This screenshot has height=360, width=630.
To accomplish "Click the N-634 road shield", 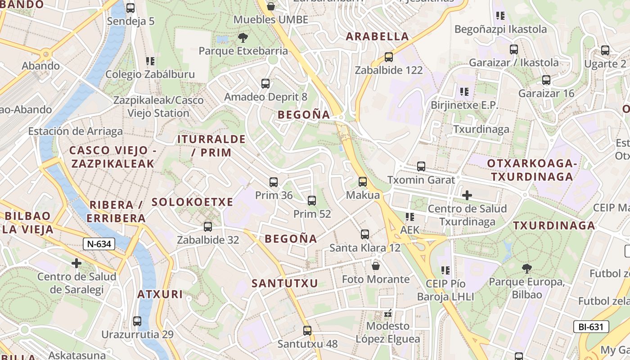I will click(x=99, y=244).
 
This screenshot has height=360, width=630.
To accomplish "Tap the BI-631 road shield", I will click(x=591, y=327).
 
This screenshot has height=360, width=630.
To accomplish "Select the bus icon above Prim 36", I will click(x=274, y=182).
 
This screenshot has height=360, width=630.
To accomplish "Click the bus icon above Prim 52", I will click(x=312, y=201).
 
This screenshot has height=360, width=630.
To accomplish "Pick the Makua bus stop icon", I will click(x=363, y=182).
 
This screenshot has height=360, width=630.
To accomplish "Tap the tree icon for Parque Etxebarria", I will click(x=243, y=38).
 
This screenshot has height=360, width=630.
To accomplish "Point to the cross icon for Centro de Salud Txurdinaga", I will click(x=467, y=195).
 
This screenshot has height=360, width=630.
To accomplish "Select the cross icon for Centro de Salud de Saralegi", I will click(x=76, y=263).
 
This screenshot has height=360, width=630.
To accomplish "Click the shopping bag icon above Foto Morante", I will click(x=376, y=266).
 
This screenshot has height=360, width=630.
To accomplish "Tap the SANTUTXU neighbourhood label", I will click(x=285, y=283).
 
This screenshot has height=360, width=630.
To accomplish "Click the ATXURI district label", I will click(x=160, y=295).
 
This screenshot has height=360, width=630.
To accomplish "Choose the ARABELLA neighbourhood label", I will click(x=377, y=37).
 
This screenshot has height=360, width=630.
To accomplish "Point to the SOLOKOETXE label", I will click(x=192, y=202).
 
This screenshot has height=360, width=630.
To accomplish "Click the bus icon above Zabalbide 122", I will click(x=389, y=57).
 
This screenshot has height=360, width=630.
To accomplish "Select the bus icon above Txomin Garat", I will click(x=421, y=166).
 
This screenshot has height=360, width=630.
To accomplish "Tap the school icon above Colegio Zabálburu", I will click(x=150, y=61).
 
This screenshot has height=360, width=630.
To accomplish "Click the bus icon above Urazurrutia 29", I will click(x=137, y=321).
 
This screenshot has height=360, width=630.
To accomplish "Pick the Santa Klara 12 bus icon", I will click(x=365, y=234).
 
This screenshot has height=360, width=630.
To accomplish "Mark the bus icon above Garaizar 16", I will click(x=546, y=80).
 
